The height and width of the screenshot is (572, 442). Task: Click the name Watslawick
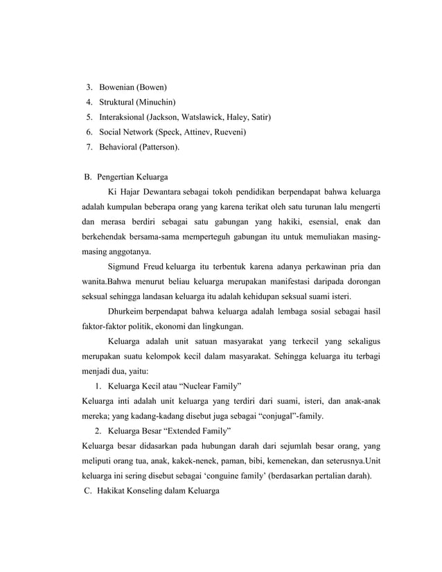(204, 117)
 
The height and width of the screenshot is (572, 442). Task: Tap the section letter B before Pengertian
(87, 176)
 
